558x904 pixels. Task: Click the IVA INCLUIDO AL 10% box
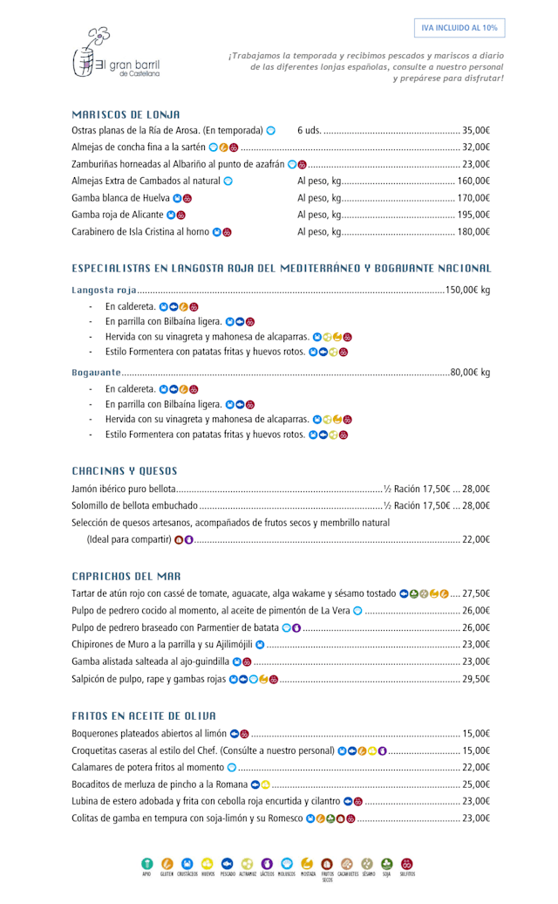tap(459, 28)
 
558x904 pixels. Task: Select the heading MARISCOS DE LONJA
tap(126, 114)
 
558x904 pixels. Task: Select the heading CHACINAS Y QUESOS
tap(125, 471)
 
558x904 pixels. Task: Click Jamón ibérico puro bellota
tap(124, 490)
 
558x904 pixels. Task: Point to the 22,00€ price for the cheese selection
tap(476, 539)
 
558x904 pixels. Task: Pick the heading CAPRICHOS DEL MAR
tap(126, 576)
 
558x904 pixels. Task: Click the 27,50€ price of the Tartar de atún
tap(476, 593)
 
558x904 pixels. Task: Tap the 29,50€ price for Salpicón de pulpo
tap(476, 679)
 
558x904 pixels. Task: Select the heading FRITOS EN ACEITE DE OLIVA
tap(144, 716)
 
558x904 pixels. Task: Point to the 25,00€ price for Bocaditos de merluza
tap(476, 784)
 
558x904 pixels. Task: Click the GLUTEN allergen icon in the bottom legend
tap(167, 863)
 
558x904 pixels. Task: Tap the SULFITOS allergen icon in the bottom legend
tap(407, 863)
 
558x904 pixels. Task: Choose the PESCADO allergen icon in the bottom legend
tap(228, 863)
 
